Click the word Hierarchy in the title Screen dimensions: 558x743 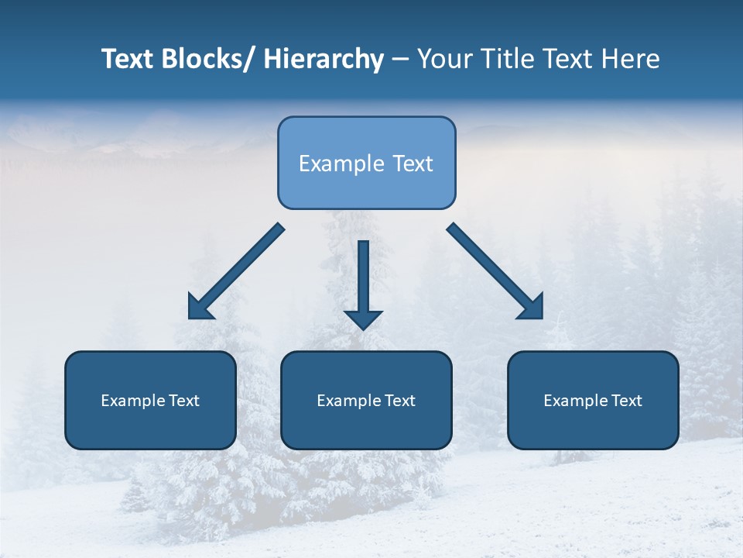[x=324, y=59]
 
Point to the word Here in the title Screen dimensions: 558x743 [x=632, y=59]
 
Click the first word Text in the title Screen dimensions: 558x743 [x=128, y=59]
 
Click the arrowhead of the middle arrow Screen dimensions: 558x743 [x=363, y=319]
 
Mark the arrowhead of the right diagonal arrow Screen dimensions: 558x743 [x=532, y=308]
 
